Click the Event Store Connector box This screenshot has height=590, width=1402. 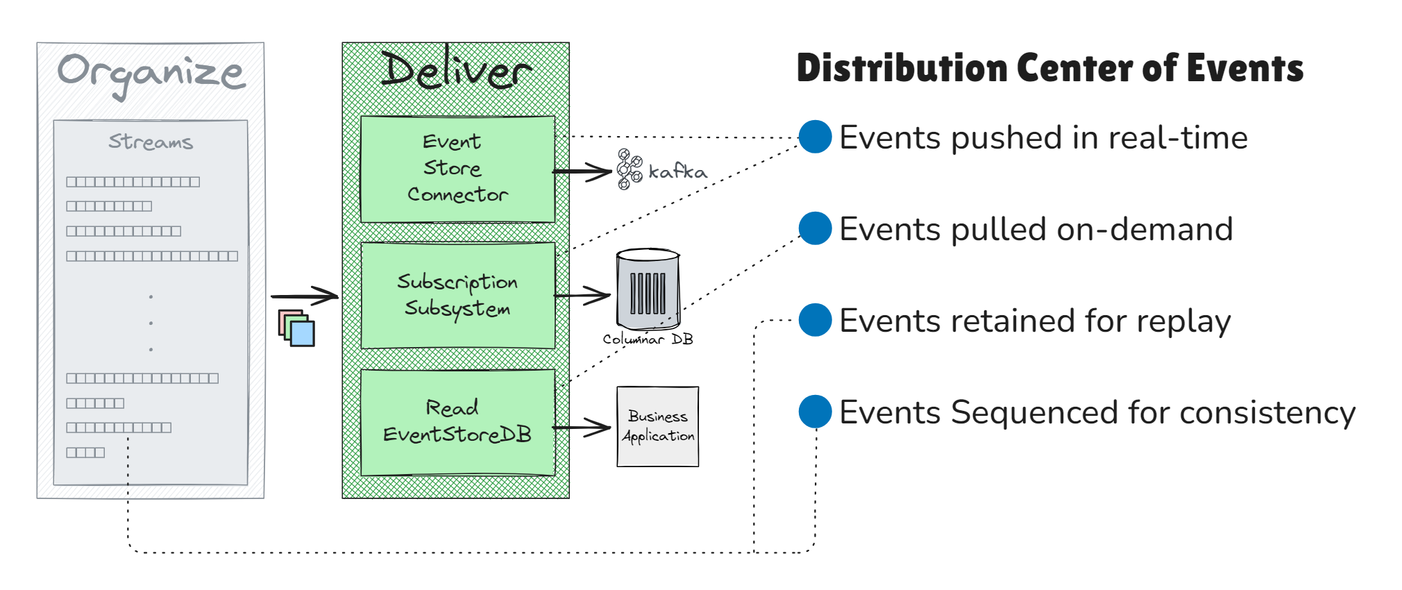click(457, 169)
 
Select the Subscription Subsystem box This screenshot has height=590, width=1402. click(457, 295)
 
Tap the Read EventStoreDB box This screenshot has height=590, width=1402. click(457, 422)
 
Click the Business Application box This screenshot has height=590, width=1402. click(657, 426)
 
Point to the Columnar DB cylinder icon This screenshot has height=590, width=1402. click(648, 289)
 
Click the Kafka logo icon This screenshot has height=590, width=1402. click(630, 169)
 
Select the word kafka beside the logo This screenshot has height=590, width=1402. click(677, 171)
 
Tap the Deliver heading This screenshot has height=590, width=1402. click(456, 71)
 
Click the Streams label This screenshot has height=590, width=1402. click(151, 142)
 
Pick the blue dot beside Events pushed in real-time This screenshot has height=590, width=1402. click(815, 137)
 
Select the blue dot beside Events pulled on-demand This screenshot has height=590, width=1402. click(815, 228)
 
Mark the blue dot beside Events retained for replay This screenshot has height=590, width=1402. click(815, 320)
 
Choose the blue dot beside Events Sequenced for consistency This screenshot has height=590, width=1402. click(815, 412)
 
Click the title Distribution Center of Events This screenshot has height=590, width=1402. click(1049, 68)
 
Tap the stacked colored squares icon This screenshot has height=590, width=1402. click(296, 328)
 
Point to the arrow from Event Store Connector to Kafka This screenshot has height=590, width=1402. click(583, 171)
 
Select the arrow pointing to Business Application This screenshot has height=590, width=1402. click(583, 428)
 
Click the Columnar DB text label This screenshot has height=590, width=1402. click(648, 339)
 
